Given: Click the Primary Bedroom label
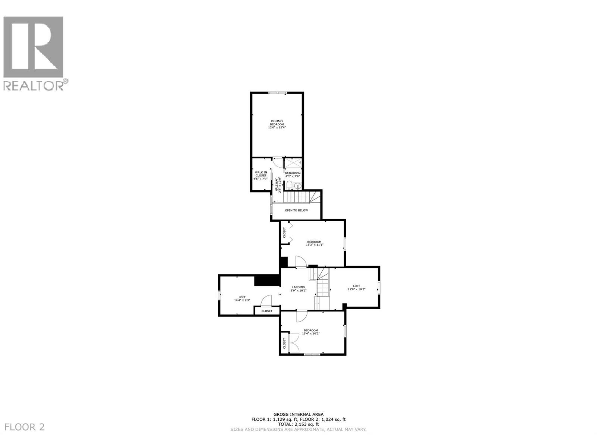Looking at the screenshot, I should [277, 124].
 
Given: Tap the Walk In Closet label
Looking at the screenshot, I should [260, 175].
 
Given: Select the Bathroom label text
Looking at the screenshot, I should [293, 174].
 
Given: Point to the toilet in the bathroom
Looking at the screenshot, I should [289, 186].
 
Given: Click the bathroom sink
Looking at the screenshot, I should [297, 186].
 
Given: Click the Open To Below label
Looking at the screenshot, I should [296, 210].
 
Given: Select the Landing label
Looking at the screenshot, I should [298, 289].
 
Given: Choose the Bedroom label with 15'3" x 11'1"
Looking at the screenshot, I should [314, 243].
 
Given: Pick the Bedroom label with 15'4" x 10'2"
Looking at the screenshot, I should [311, 332].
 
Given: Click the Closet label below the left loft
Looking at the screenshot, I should [267, 311].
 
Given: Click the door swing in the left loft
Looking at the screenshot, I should [267, 300].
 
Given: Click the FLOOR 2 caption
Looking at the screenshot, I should [25, 427].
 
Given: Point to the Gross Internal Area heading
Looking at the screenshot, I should [298, 414].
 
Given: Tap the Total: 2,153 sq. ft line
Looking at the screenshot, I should [298, 424].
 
